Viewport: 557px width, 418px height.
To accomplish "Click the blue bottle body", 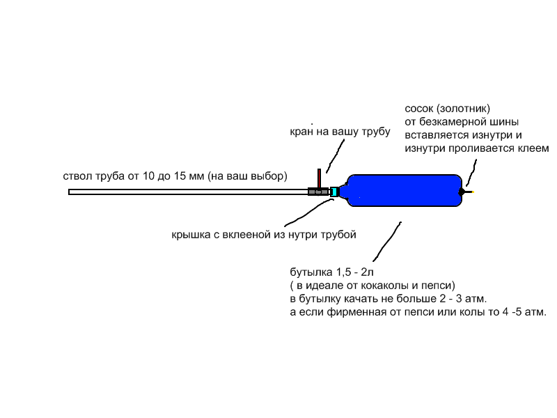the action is click(405, 190).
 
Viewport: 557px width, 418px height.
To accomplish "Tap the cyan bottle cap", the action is click(334, 192).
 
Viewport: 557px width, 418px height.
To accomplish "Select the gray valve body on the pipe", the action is click(318, 192).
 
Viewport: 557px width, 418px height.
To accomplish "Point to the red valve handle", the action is click(320, 178).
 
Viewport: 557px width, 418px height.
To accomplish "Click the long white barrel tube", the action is click(188, 192).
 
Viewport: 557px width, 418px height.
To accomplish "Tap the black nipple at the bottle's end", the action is click(462, 192).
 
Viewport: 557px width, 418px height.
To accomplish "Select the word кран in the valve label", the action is click(301, 132).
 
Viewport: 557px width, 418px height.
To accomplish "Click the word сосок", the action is click(419, 109).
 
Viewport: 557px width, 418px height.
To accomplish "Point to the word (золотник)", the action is click(463, 109).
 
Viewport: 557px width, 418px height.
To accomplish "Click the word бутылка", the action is click(311, 272).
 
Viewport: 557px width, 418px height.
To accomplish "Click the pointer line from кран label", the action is click(336, 155).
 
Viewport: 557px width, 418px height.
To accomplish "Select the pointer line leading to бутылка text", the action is click(387, 242).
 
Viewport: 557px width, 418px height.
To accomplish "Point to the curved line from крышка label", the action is click(308, 212).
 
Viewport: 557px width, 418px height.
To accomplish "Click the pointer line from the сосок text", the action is click(471, 173).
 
